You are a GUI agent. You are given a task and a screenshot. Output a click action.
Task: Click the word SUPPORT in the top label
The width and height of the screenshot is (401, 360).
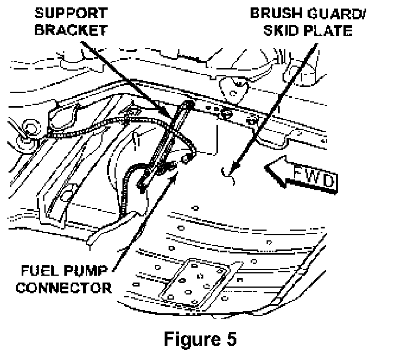pos(71,13)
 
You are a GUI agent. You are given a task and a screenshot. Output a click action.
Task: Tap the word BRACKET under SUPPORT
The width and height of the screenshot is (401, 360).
pos(71,30)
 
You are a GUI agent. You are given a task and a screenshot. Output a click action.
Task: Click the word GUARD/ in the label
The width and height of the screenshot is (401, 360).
pos(337,13)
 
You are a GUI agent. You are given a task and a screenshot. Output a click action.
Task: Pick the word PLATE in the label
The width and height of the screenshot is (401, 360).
pos(328,30)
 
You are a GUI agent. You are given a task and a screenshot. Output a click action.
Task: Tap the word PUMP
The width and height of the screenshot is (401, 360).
pos(85,271)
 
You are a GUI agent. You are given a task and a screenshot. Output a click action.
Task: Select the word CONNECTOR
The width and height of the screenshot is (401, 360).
pos(64,288)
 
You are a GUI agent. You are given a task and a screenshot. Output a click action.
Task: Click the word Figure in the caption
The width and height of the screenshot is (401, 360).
pos(192,339)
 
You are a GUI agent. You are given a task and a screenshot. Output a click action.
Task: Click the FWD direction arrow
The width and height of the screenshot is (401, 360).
pos(301,175)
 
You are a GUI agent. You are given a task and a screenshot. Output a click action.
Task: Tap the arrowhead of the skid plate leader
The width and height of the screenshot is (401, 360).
pos(234,167)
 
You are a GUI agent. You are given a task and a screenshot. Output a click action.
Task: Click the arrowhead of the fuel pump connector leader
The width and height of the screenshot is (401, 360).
pos(173,177)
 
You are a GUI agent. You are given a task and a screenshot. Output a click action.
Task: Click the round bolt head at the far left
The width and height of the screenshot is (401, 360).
pos(31,127)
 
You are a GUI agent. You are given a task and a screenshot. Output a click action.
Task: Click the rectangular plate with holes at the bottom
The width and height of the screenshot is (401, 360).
pos(195,283)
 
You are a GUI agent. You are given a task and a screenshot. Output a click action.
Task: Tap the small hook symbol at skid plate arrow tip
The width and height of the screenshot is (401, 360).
pos(228,177)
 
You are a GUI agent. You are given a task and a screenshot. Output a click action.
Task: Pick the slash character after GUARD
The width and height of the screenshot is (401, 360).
pos(363,13)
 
